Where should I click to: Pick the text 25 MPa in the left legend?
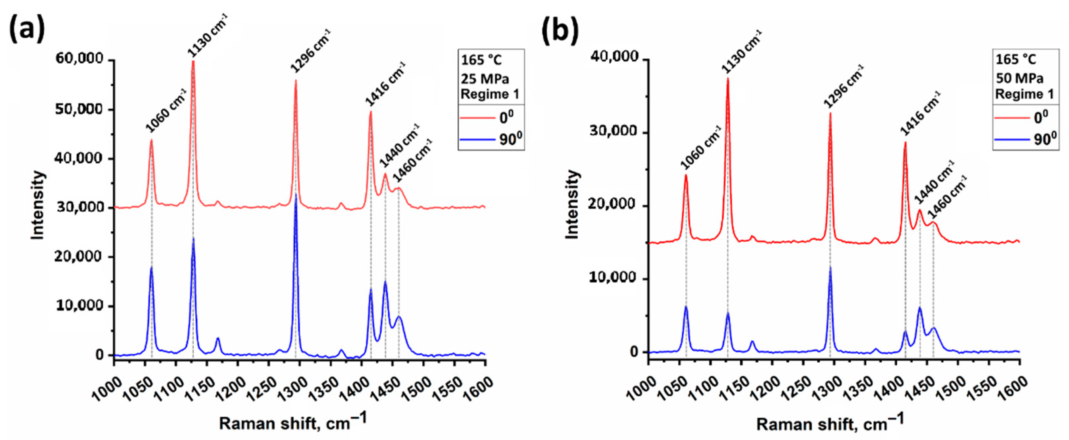(485, 78)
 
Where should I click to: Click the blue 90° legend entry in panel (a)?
(491, 139)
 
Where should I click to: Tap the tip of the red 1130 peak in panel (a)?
(193, 62)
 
